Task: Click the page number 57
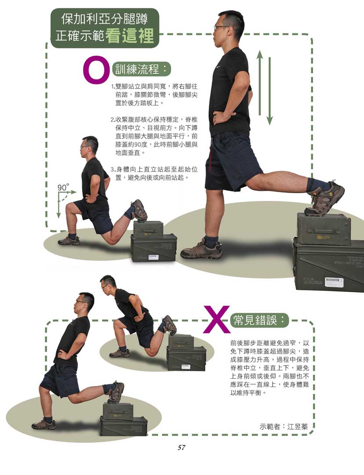(x=182, y=447)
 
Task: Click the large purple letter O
(x=96, y=70)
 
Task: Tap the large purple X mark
(x=216, y=319)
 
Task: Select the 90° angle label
(x=63, y=187)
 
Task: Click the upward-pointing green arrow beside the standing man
(x=259, y=82)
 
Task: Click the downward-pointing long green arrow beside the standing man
(x=269, y=91)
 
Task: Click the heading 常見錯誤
(x=255, y=320)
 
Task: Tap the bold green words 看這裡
(x=130, y=36)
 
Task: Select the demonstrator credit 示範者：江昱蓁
(x=284, y=427)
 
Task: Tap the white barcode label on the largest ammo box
(x=334, y=282)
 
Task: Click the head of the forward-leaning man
(x=108, y=284)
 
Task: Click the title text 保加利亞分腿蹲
(x=105, y=19)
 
